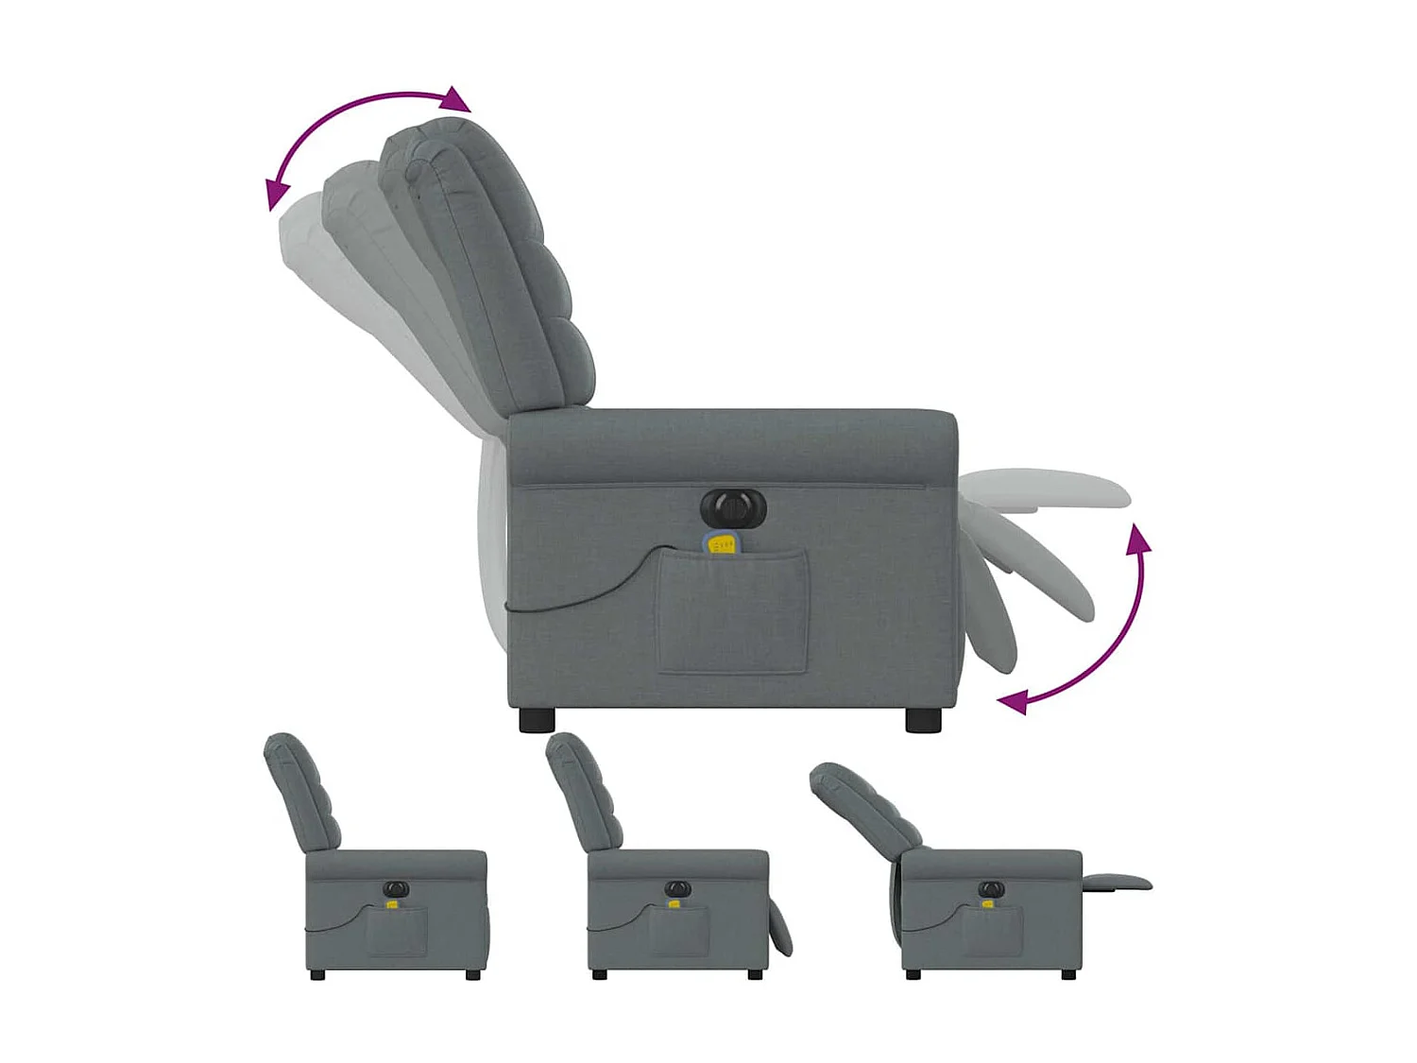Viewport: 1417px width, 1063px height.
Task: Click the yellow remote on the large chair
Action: pyautogui.click(x=722, y=544)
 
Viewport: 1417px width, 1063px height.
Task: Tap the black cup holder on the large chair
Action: pyautogui.click(x=733, y=510)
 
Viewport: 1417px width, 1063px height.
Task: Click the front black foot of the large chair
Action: pyautogui.click(x=923, y=720)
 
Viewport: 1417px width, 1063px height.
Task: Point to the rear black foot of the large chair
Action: pyautogui.click(x=537, y=720)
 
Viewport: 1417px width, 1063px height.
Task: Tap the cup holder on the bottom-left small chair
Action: pyautogui.click(x=396, y=889)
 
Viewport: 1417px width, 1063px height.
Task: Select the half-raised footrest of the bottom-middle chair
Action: pyautogui.click(x=780, y=926)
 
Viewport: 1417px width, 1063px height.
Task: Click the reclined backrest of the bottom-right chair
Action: pyautogui.click(x=864, y=803)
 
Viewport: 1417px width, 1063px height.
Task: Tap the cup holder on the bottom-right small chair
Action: pyautogui.click(x=991, y=889)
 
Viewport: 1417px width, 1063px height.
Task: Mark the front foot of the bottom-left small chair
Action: pyautogui.click(x=471, y=974)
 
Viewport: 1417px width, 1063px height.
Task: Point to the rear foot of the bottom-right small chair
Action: pyautogui.click(x=913, y=974)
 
